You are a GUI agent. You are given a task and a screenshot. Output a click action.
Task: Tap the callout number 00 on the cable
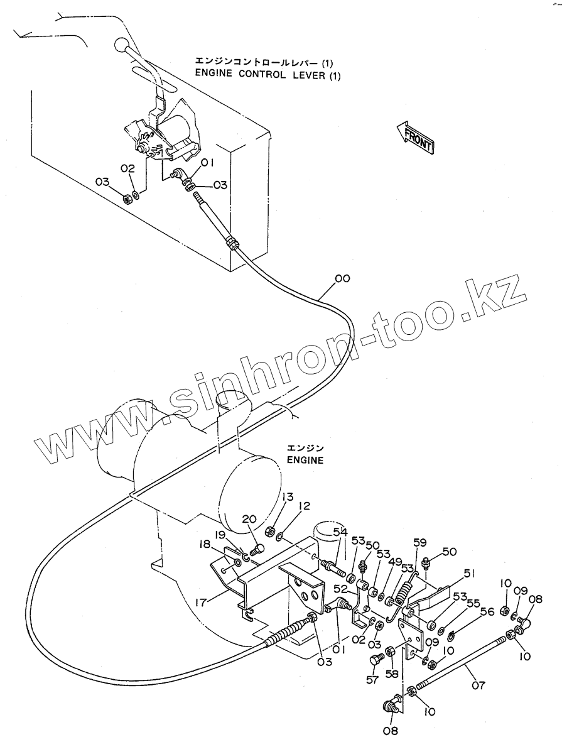click(342, 278)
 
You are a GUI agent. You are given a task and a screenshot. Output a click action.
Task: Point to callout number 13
click(287, 497)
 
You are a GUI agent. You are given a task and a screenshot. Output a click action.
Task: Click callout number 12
click(304, 506)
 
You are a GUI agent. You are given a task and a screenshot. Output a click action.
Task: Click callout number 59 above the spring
click(419, 542)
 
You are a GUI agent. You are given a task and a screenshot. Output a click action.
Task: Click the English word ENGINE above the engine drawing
click(305, 460)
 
